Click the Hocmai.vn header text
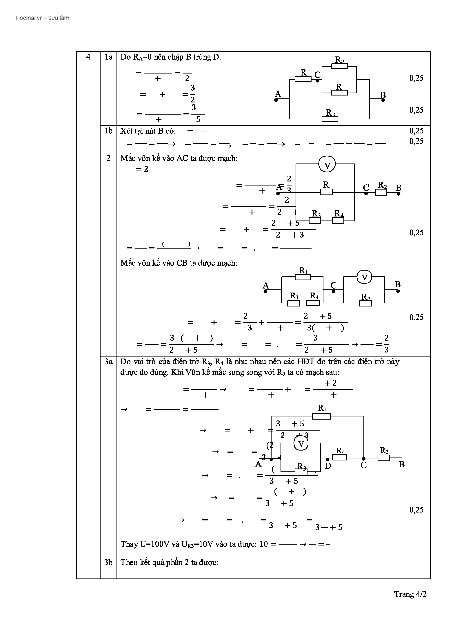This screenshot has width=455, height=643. pos(42,18)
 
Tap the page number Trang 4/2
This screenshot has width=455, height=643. pos(410,594)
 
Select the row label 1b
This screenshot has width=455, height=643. pos(108,131)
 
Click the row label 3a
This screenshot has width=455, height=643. pos(108,361)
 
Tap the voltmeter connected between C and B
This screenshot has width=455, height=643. pos(364,278)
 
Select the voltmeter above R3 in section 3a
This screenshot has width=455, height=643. pos(301,444)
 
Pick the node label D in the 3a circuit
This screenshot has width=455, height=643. pos(328,466)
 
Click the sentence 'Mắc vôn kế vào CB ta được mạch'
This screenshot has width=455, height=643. pos(179,263)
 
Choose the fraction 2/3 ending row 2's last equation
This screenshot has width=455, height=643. pos(386,344)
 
